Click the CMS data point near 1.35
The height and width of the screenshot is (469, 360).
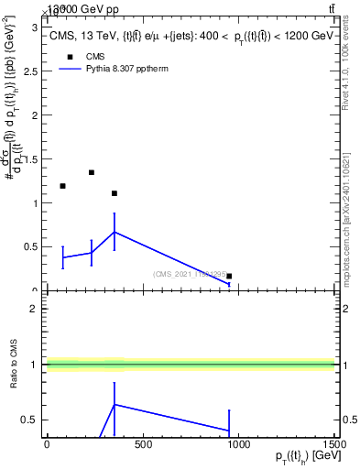coord(92,172)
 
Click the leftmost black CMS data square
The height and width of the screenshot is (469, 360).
coord(62,186)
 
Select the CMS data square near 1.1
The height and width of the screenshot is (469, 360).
coord(114,193)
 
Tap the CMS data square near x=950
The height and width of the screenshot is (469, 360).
coord(229,276)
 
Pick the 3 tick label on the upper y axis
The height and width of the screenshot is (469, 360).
coord(38,28)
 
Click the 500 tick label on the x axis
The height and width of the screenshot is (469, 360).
coord(142,445)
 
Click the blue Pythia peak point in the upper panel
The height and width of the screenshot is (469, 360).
coord(114,232)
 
